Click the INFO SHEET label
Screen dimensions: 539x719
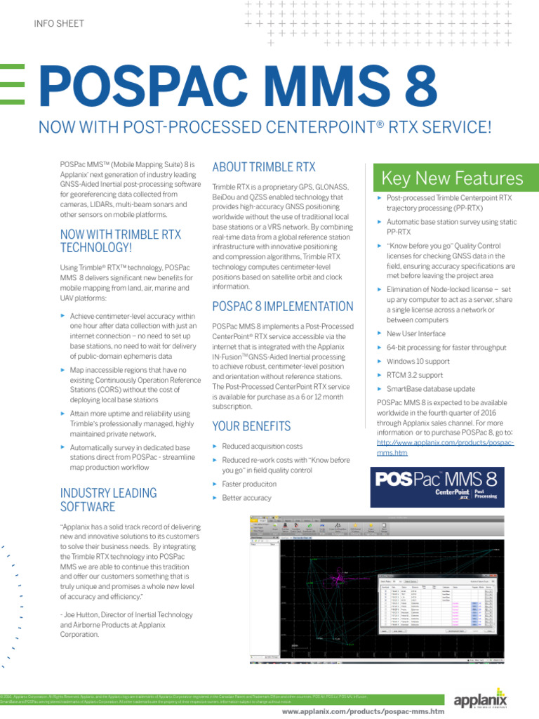pyautogui.click(x=59, y=24)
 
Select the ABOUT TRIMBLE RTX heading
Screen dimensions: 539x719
pyautogui.click(x=264, y=167)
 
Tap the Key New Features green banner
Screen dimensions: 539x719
pyautogui.click(x=452, y=178)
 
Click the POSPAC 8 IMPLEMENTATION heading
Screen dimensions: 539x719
pyautogui.click(x=282, y=307)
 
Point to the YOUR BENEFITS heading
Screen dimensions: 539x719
pyautogui.click(x=251, y=426)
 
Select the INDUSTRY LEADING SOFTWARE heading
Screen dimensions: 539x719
pyautogui.click(x=108, y=499)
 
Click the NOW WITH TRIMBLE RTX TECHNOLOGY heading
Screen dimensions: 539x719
pyautogui.click(x=120, y=241)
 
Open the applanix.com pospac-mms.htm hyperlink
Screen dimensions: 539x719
pyautogui.click(x=446, y=448)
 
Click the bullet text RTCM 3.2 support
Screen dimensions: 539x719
pyautogui.click(x=415, y=375)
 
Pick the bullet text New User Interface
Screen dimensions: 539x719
pyautogui.click(x=416, y=334)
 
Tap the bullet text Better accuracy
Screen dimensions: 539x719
pyautogui.click(x=246, y=498)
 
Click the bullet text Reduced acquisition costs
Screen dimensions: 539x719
pyautogui.click(x=262, y=446)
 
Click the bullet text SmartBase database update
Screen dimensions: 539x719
pyautogui.click(x=431, y=388)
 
